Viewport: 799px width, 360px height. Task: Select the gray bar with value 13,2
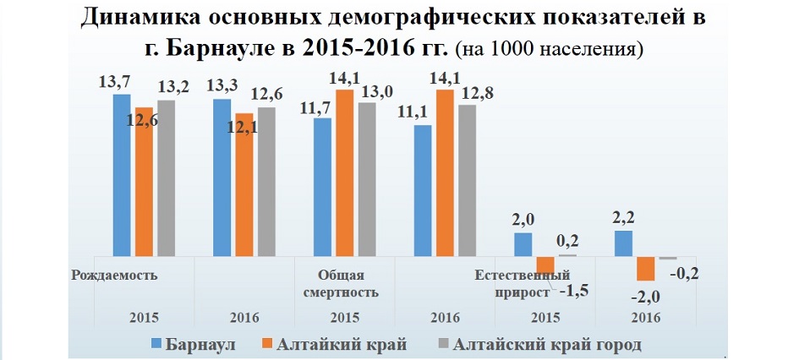167,177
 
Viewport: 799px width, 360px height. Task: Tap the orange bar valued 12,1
244,184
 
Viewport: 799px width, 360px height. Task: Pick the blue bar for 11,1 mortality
422,190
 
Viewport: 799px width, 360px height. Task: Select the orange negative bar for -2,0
645,268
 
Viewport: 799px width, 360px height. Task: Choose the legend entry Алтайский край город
548,344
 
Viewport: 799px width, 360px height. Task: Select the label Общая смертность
341,283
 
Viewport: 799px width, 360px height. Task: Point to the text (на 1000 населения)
550,49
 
